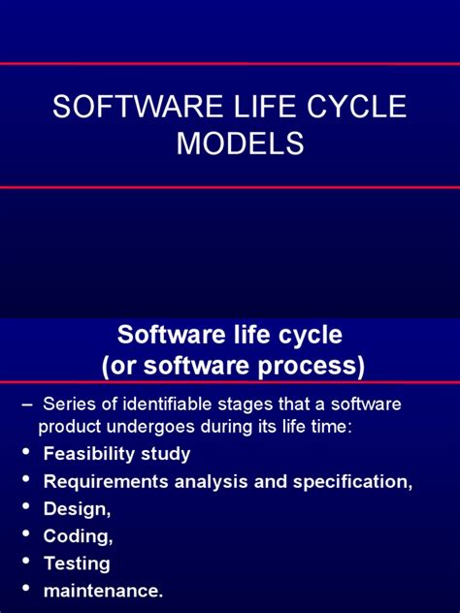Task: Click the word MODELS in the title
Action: [240, 144]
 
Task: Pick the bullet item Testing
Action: [77, 563]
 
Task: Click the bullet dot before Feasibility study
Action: [23, 454]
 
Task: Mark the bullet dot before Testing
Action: [23, 563]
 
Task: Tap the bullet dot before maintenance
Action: [23, 590]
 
